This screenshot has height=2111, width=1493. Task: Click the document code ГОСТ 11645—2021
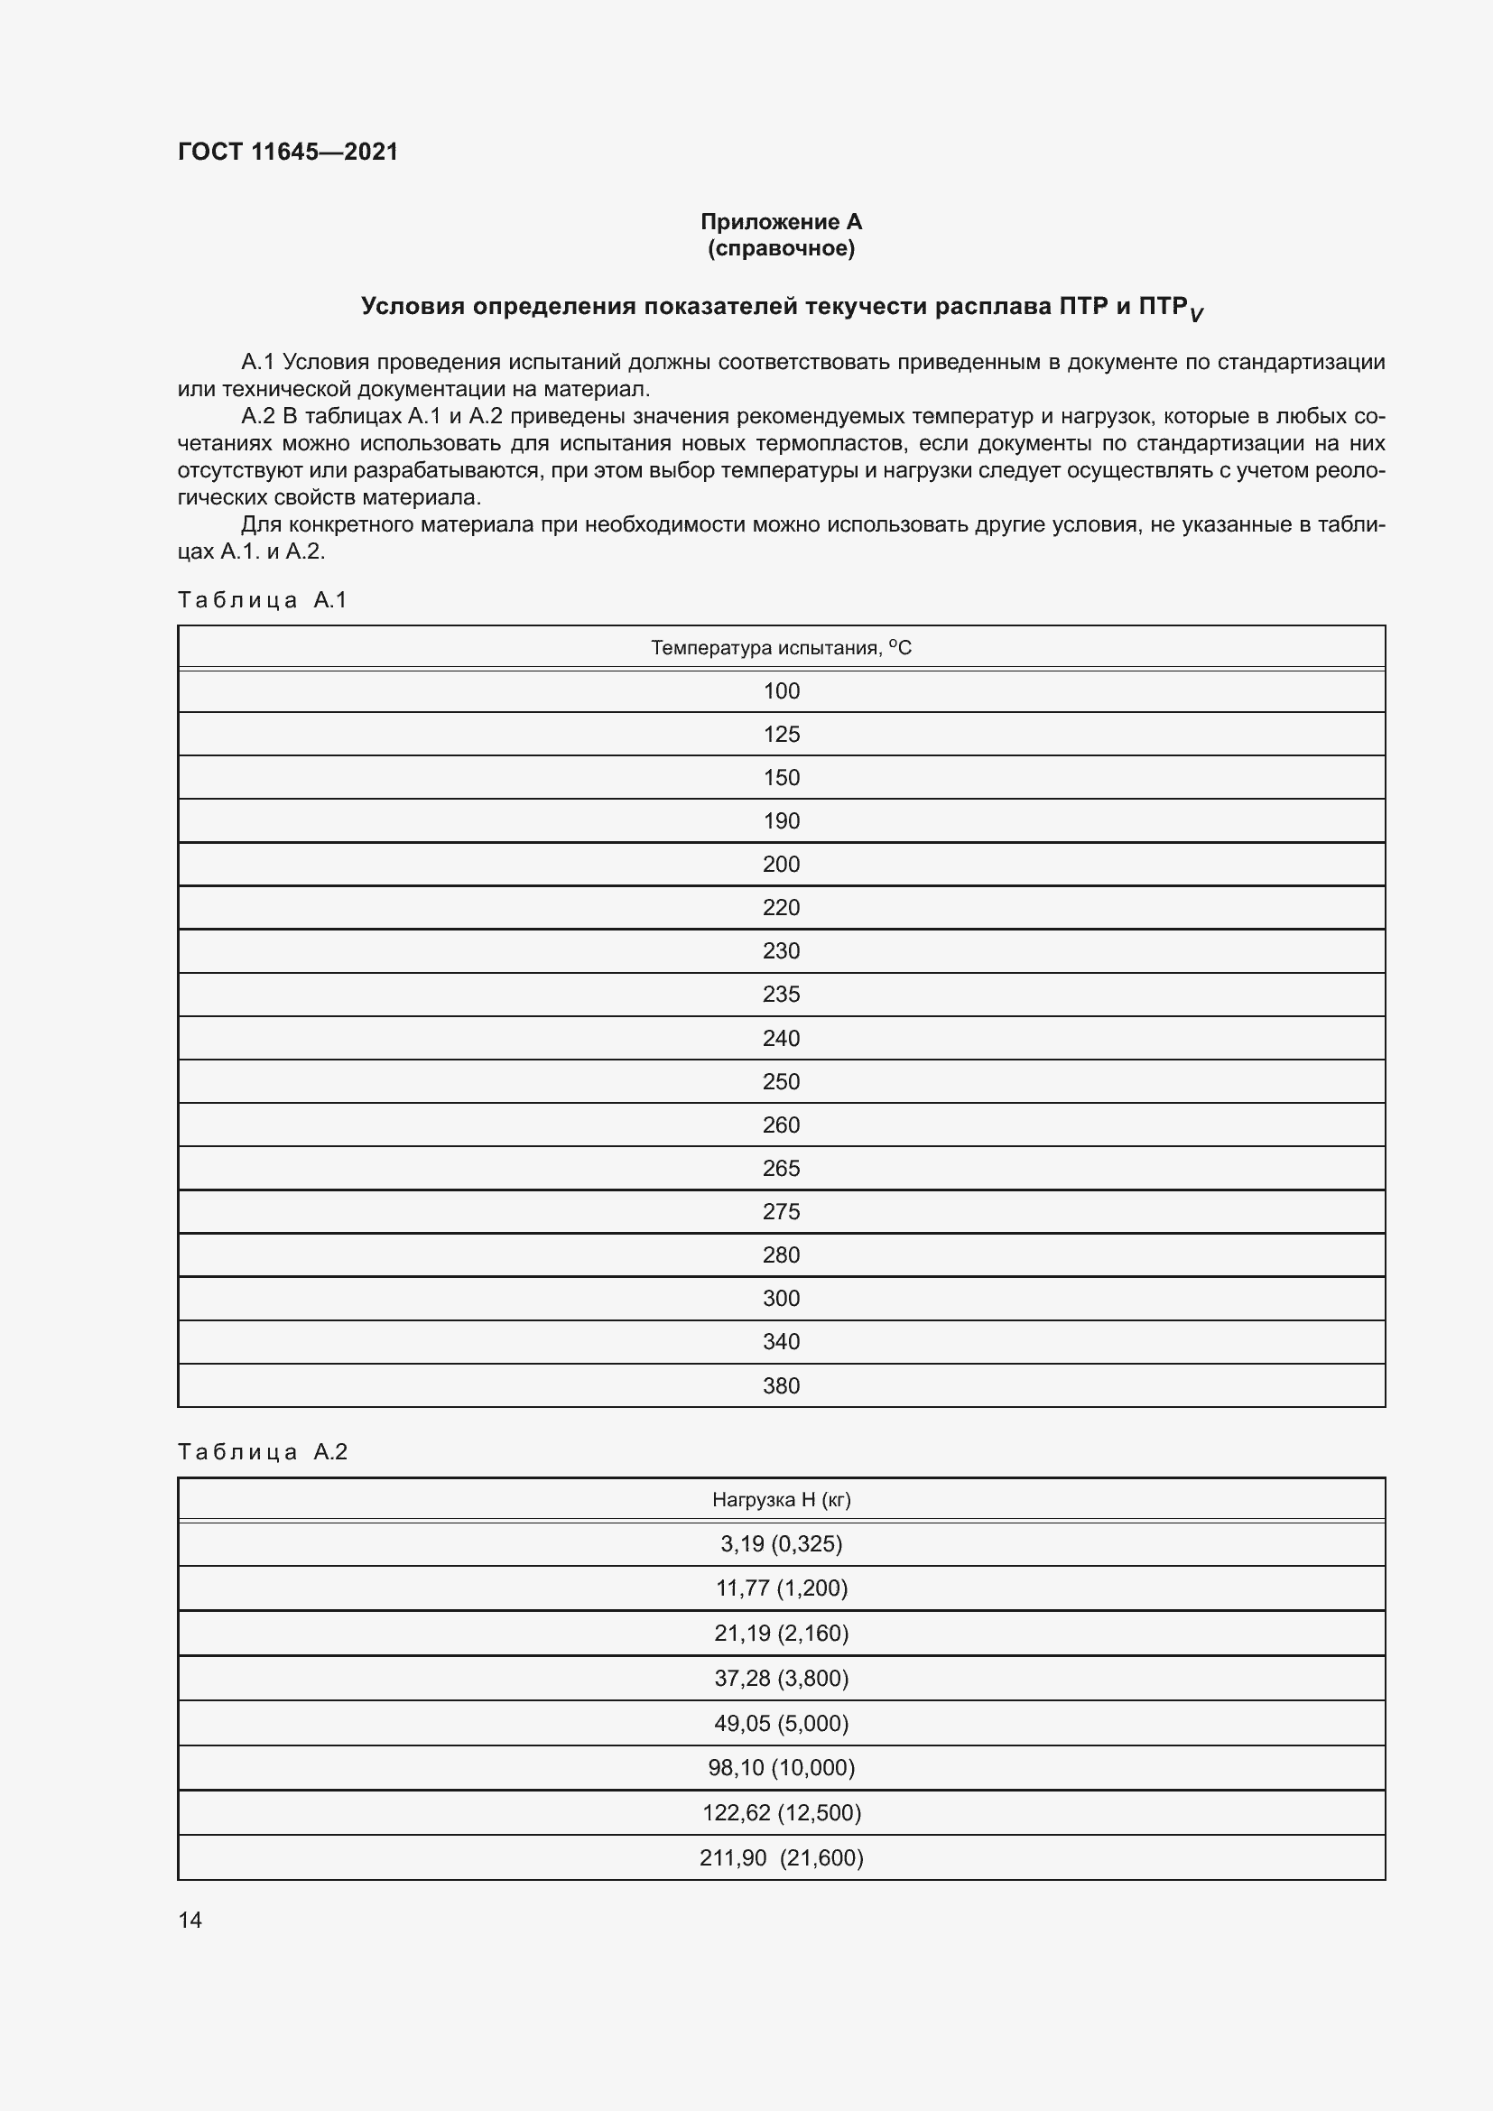pos(288,152)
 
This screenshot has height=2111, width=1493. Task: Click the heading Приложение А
pos(781,222)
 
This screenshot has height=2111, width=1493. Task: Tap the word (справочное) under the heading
pos(781,248)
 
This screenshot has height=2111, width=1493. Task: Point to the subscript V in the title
pos(1195,315)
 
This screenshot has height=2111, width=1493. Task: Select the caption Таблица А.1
pos(262,600)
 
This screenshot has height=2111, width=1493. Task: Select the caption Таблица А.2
pos(262,1452)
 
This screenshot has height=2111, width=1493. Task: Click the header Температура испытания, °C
pos(781,648)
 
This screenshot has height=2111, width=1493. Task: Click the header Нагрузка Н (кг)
pos(781,1500)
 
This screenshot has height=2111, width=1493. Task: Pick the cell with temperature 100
pos(781,691)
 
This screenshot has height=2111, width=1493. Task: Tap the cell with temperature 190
pos(781,821)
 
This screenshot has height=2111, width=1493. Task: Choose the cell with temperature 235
pos(781,994)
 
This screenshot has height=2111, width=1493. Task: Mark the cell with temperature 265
pos(781,1168)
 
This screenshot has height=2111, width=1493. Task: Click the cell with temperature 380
pos(781,1385)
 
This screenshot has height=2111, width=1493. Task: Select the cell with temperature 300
pos(781,1298)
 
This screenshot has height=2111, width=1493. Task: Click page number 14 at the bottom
pos(190,1920)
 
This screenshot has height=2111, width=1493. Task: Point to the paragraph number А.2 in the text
pos(258,416)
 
